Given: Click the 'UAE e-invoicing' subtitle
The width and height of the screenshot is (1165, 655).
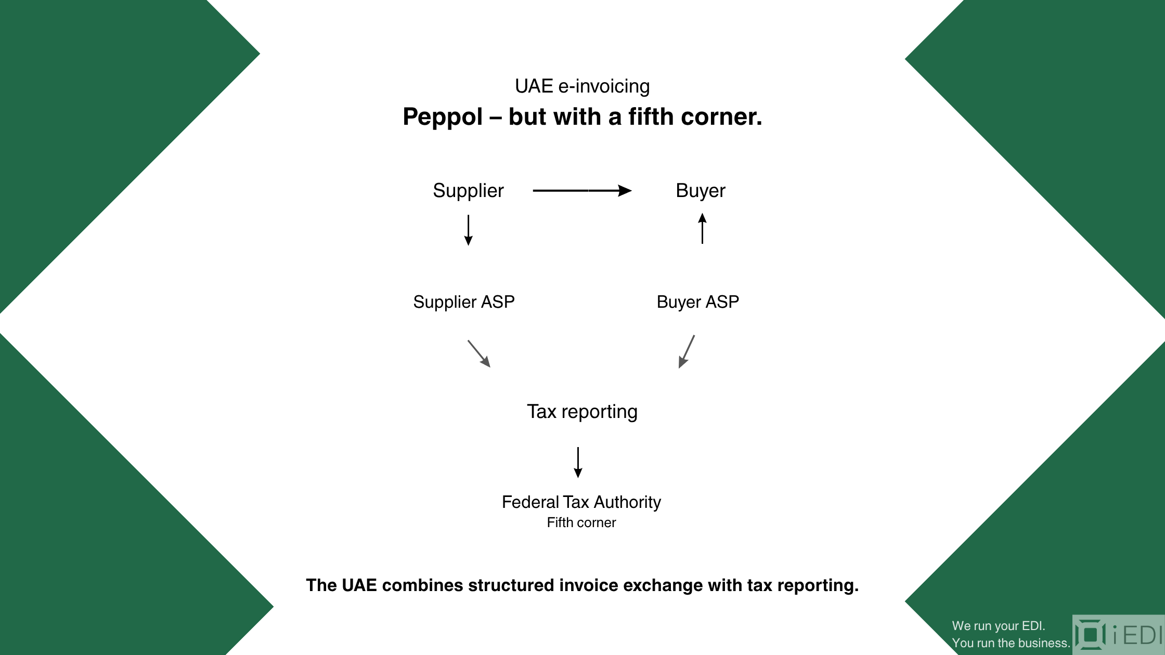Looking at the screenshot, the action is click(582, 86).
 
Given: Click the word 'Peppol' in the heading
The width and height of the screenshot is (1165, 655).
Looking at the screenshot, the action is click(443, 117).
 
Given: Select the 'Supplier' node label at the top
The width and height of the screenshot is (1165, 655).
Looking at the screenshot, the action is click(468, 191).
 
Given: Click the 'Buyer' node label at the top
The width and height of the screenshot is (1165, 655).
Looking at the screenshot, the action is click(701, 191).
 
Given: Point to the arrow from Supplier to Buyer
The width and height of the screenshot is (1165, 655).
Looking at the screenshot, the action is click(582, 191).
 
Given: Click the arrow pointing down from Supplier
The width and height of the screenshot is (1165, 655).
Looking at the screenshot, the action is click(468, 230).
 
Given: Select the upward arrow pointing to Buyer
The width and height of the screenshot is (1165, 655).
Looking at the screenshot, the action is click(702, 228).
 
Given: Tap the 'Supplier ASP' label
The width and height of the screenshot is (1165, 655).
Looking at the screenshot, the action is click(464, 302).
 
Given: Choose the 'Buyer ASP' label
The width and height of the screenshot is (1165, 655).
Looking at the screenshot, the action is click(698, 302).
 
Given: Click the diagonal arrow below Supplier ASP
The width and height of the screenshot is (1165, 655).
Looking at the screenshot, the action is click(479, 353).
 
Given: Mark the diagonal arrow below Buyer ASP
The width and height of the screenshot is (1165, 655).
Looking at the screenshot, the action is click(687, 351).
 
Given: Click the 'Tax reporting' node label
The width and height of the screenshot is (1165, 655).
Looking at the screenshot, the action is click(582, 412).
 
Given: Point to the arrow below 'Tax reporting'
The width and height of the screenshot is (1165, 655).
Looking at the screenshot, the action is click(578, 462).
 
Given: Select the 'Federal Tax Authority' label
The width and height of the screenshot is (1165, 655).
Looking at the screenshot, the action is click(581, 502).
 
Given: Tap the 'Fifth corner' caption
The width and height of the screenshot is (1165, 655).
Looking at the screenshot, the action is click(581, 522).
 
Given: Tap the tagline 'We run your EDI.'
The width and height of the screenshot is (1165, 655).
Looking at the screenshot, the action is click(999, 626).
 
